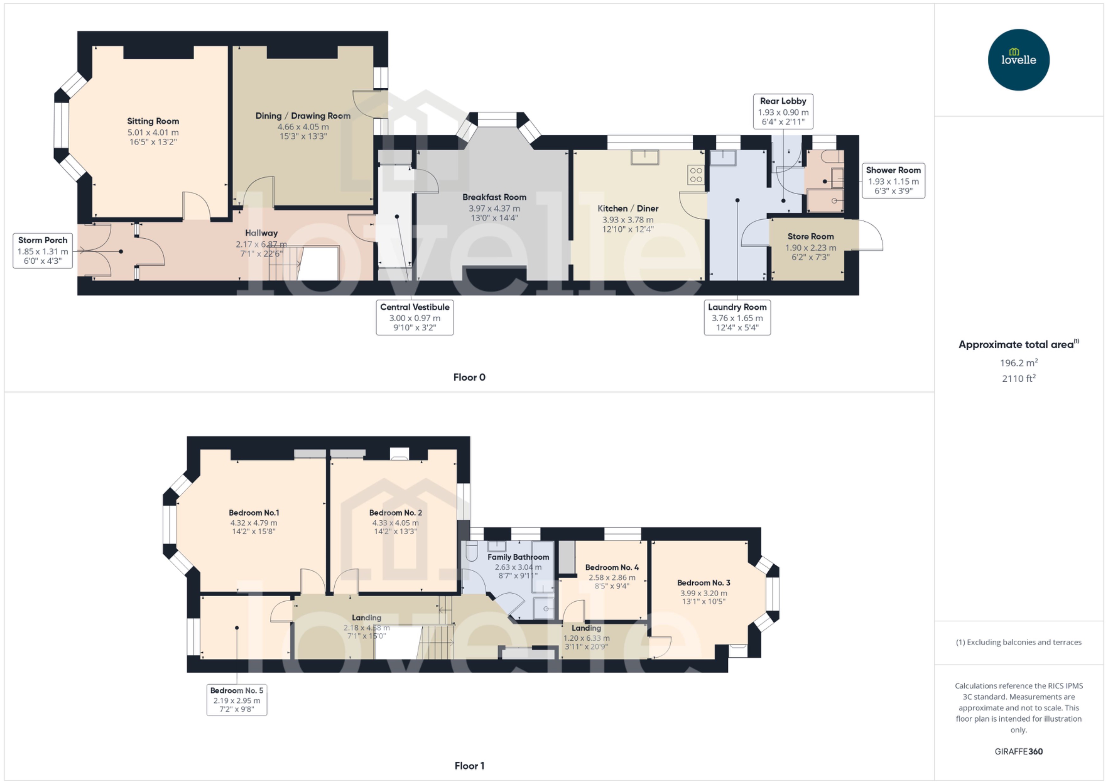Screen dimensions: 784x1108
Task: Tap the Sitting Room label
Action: (153, 121)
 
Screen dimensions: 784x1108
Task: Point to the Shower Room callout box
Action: (893, 180)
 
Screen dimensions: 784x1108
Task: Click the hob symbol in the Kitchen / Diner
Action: (696, 175)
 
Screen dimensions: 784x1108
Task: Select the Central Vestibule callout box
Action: (415, 317)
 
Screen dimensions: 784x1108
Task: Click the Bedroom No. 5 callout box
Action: (236, 699)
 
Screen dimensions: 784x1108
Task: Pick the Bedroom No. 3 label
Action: (703, 583)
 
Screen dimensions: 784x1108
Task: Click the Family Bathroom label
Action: (518, 557)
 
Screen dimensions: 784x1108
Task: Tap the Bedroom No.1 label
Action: (254, 513)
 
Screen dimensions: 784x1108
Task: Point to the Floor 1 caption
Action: (469, 766)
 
